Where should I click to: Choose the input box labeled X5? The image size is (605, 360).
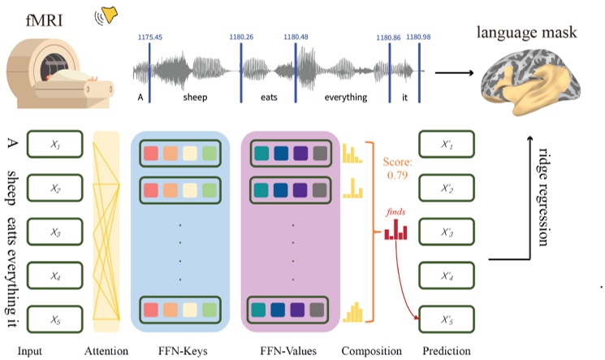tap(54, 317)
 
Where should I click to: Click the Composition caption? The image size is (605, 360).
tap(373, 351)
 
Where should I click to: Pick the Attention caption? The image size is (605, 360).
tap(106, 351)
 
